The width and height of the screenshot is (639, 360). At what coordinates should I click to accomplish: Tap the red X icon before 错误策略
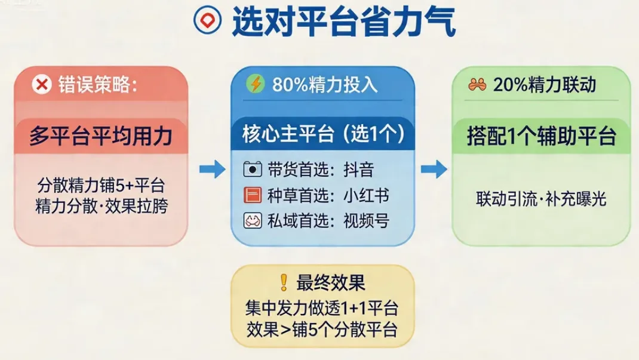[42, 85]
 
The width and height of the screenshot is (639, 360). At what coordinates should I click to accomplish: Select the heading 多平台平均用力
[100, 137]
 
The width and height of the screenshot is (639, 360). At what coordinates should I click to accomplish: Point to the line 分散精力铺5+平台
[100, 185]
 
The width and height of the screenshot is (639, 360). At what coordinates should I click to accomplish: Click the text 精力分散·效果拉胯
[100, 206]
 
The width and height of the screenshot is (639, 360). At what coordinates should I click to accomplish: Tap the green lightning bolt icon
[256, 84]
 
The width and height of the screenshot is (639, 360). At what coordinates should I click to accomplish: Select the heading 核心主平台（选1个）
[323, 134]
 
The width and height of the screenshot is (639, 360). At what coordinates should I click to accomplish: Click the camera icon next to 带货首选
[253, 169]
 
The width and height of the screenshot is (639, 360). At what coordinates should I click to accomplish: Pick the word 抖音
[358, 170]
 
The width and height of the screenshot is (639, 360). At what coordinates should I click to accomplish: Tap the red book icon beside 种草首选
[253, 195]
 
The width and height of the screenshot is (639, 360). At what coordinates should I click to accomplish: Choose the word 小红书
[366, 195]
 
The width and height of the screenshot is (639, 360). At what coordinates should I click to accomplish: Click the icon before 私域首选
[253, 221]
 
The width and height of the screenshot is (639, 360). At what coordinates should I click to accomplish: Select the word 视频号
[366, 221]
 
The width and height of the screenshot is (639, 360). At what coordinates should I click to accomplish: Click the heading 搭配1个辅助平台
[542, 137]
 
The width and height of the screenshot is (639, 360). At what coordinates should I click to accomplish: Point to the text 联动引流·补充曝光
[541, 198]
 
